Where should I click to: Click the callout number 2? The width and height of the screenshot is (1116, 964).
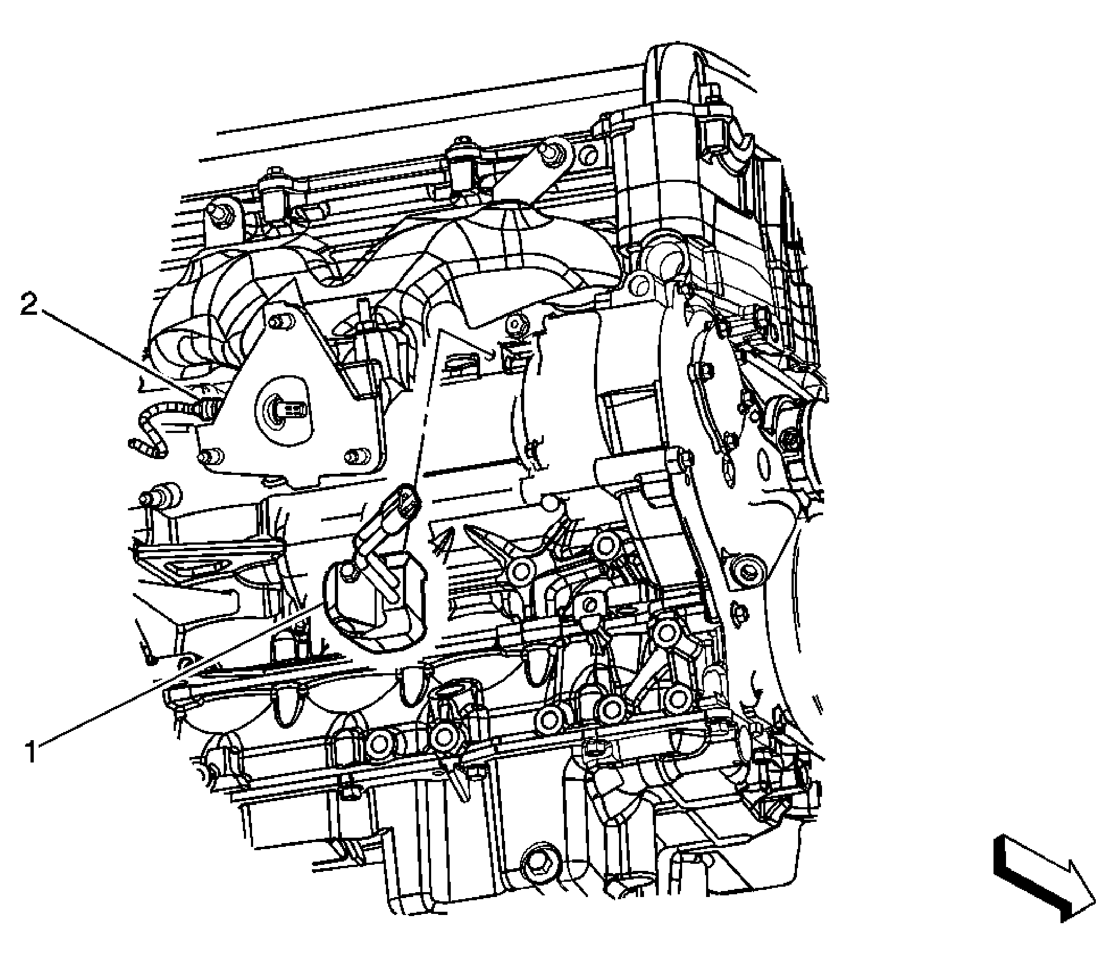click(x=30, y=304)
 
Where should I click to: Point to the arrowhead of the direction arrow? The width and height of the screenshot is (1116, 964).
click(x=1075, y=901)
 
